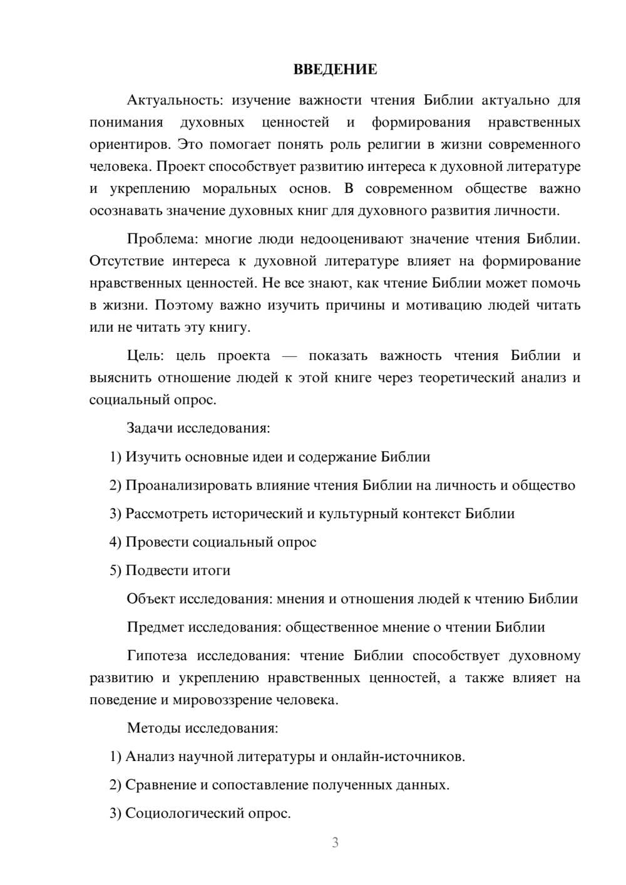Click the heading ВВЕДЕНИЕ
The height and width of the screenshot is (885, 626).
point(335,69)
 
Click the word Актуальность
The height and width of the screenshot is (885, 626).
point(173,100)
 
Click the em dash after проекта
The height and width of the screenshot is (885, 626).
point(289,356)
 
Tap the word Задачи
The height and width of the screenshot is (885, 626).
point(150,429)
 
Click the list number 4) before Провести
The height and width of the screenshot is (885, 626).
point(115,542)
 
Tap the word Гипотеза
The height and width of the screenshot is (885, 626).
point(156,656)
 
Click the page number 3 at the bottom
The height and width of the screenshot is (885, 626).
point(335,842)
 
